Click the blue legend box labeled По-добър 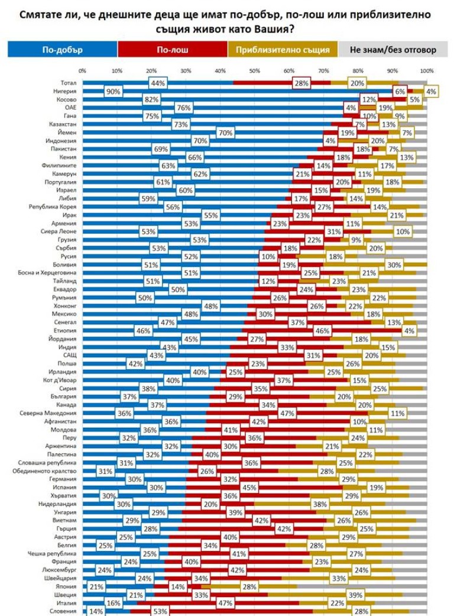pos(62,50)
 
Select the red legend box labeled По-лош pos(172,50)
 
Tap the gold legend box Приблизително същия pos(283,50)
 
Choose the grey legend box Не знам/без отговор pos(393,50)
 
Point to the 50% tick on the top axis pos(255,71)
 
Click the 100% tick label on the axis pos(426,71)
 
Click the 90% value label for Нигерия pos(113,92)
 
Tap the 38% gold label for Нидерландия pos(320,504)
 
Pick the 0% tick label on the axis pos(82,71)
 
